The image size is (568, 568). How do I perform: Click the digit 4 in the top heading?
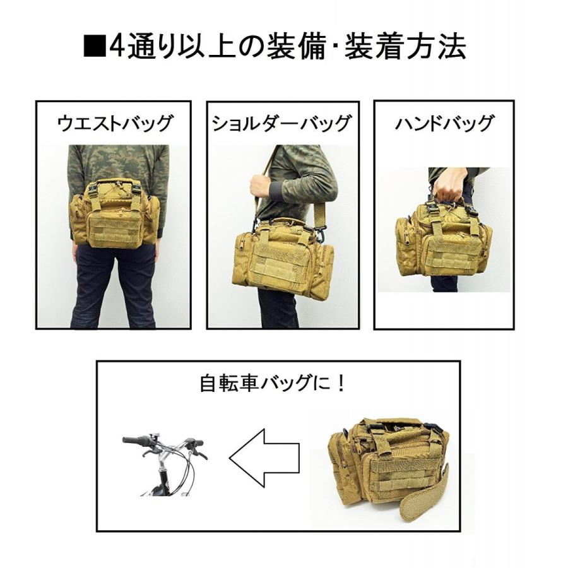(117, 47)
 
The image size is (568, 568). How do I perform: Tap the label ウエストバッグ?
(114, 123)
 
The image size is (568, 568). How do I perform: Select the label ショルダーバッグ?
(281, 123)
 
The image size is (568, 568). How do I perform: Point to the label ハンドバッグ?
(444, 123)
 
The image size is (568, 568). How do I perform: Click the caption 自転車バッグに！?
(273, 383)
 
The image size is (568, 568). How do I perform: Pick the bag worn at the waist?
(115, 213)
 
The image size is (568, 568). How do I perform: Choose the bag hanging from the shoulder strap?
(283, 256)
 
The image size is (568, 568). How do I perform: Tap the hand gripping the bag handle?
(449, 184)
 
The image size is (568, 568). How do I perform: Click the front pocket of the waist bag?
(114, 224)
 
